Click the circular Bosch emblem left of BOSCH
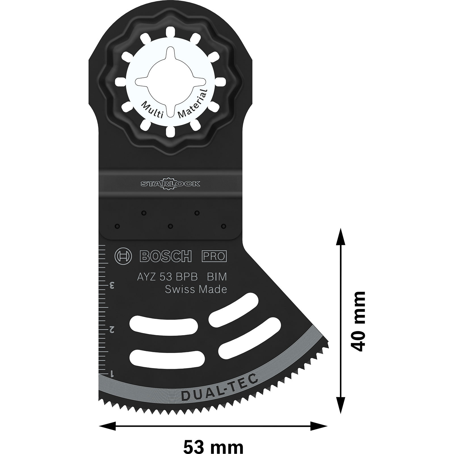(x=123, y=257)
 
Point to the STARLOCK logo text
(x=170, y=184)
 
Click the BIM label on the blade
(x=217, y=277)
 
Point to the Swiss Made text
(x=196, y=289)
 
